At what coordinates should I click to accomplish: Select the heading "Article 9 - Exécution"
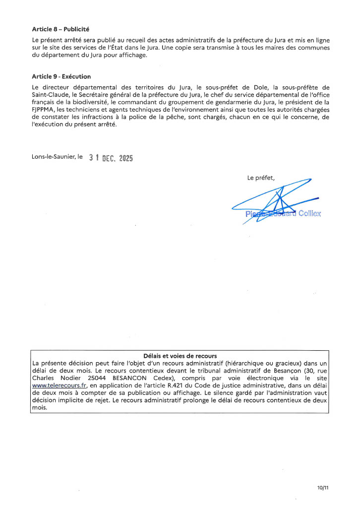(x=61, y=77)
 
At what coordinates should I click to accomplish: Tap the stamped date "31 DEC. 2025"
(x=111, y=158)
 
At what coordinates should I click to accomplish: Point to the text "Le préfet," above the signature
(x=261, y=178)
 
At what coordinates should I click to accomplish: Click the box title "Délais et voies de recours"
(x=180, y=355)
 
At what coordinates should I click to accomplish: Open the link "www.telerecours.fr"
(x=56, y=385)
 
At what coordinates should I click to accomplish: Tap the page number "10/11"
(x=323, y=488)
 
